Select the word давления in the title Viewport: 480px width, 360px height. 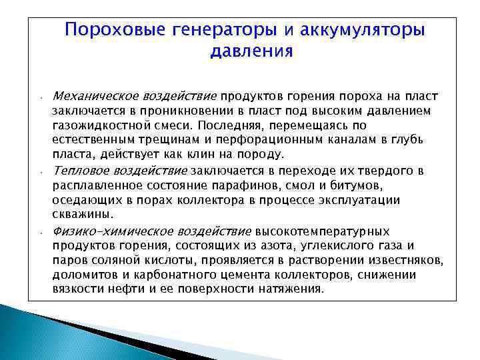(x=251, y=52)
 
